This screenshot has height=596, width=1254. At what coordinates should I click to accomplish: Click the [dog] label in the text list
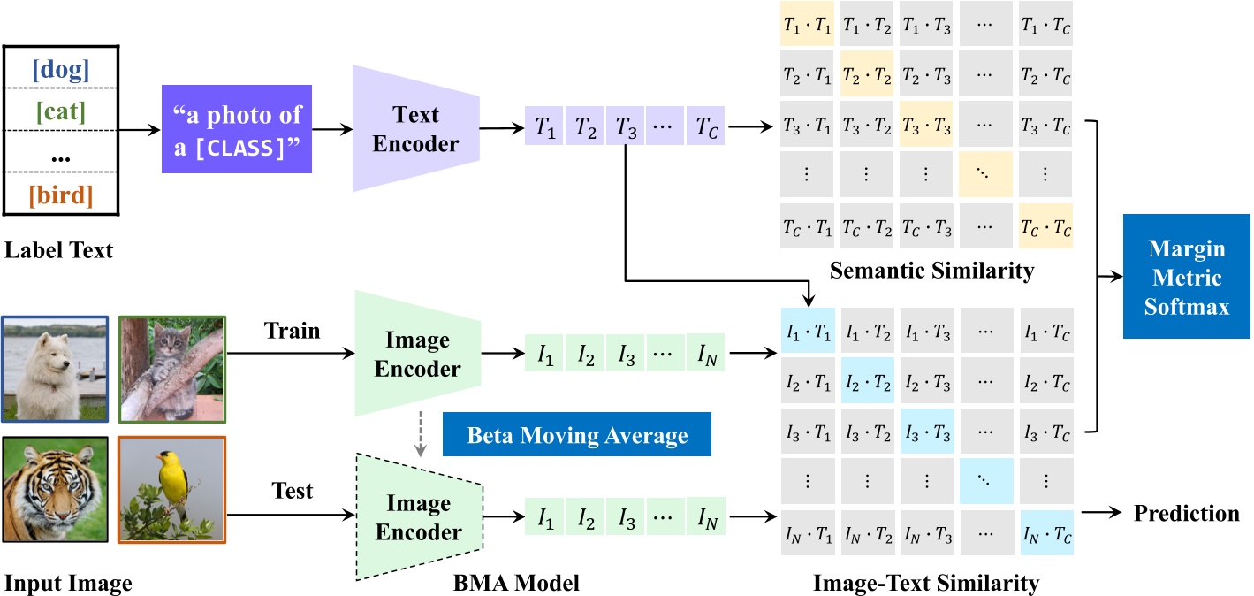point(61,70)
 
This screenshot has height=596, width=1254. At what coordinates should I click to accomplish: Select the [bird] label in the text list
point(61,194)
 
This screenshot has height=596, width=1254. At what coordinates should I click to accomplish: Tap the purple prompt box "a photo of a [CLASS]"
point(238,129)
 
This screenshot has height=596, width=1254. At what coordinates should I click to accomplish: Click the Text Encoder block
point(416,129)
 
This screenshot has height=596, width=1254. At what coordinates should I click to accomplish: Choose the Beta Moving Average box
point(576,435)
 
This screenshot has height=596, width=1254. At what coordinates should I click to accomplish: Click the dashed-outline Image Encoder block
point(417,517)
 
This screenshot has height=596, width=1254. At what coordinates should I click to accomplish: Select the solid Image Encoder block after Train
point(417,354)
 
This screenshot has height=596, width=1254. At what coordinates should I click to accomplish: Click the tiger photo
point(54,492)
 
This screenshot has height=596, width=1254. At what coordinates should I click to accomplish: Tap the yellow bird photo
point(172,492)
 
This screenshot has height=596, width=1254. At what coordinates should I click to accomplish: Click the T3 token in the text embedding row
point(624,129)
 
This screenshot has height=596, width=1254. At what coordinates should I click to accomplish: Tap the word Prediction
point(1186,514)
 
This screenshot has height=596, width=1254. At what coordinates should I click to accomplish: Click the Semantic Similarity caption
point(931,271)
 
